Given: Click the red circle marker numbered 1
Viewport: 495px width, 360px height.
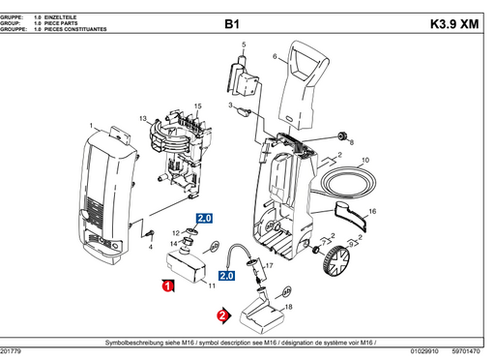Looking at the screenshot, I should coord(167,286).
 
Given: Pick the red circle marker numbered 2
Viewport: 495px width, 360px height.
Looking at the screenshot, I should coord(222,315).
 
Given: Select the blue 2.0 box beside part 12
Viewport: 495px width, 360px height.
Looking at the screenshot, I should coord(204,220).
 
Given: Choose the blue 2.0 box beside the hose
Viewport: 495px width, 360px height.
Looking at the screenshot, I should coord(226,276).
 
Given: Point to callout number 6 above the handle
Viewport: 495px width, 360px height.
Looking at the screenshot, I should coord(275,57).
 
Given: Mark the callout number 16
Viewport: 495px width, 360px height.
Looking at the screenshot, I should coord(372,211).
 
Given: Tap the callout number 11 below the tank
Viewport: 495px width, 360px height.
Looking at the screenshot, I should coord(210,287).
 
